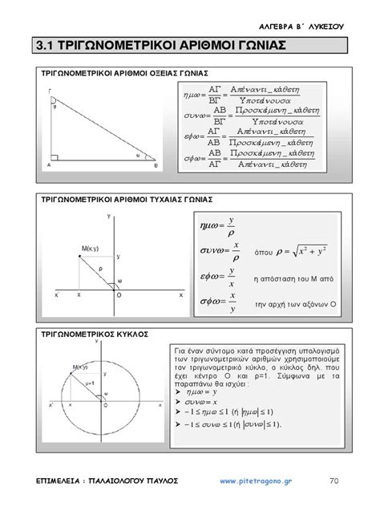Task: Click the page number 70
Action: tap(334, 481)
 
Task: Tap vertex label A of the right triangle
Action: tap(49, 165)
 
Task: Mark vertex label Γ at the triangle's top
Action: tap(50, 90)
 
